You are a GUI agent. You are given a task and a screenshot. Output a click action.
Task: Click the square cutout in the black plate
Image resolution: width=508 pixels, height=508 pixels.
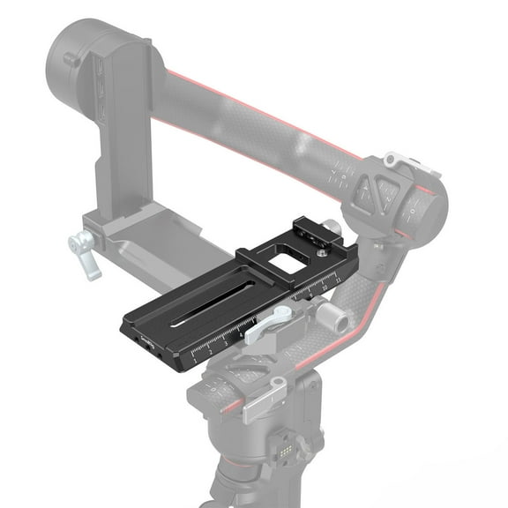pyautogui.click(x=285, y=263)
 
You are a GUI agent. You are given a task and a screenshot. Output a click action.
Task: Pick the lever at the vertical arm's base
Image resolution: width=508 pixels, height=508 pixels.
pyautogui.click(x=86, y=251)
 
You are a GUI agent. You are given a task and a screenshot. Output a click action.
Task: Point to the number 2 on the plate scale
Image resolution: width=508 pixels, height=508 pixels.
pyautogui.click(x=210, y=353)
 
